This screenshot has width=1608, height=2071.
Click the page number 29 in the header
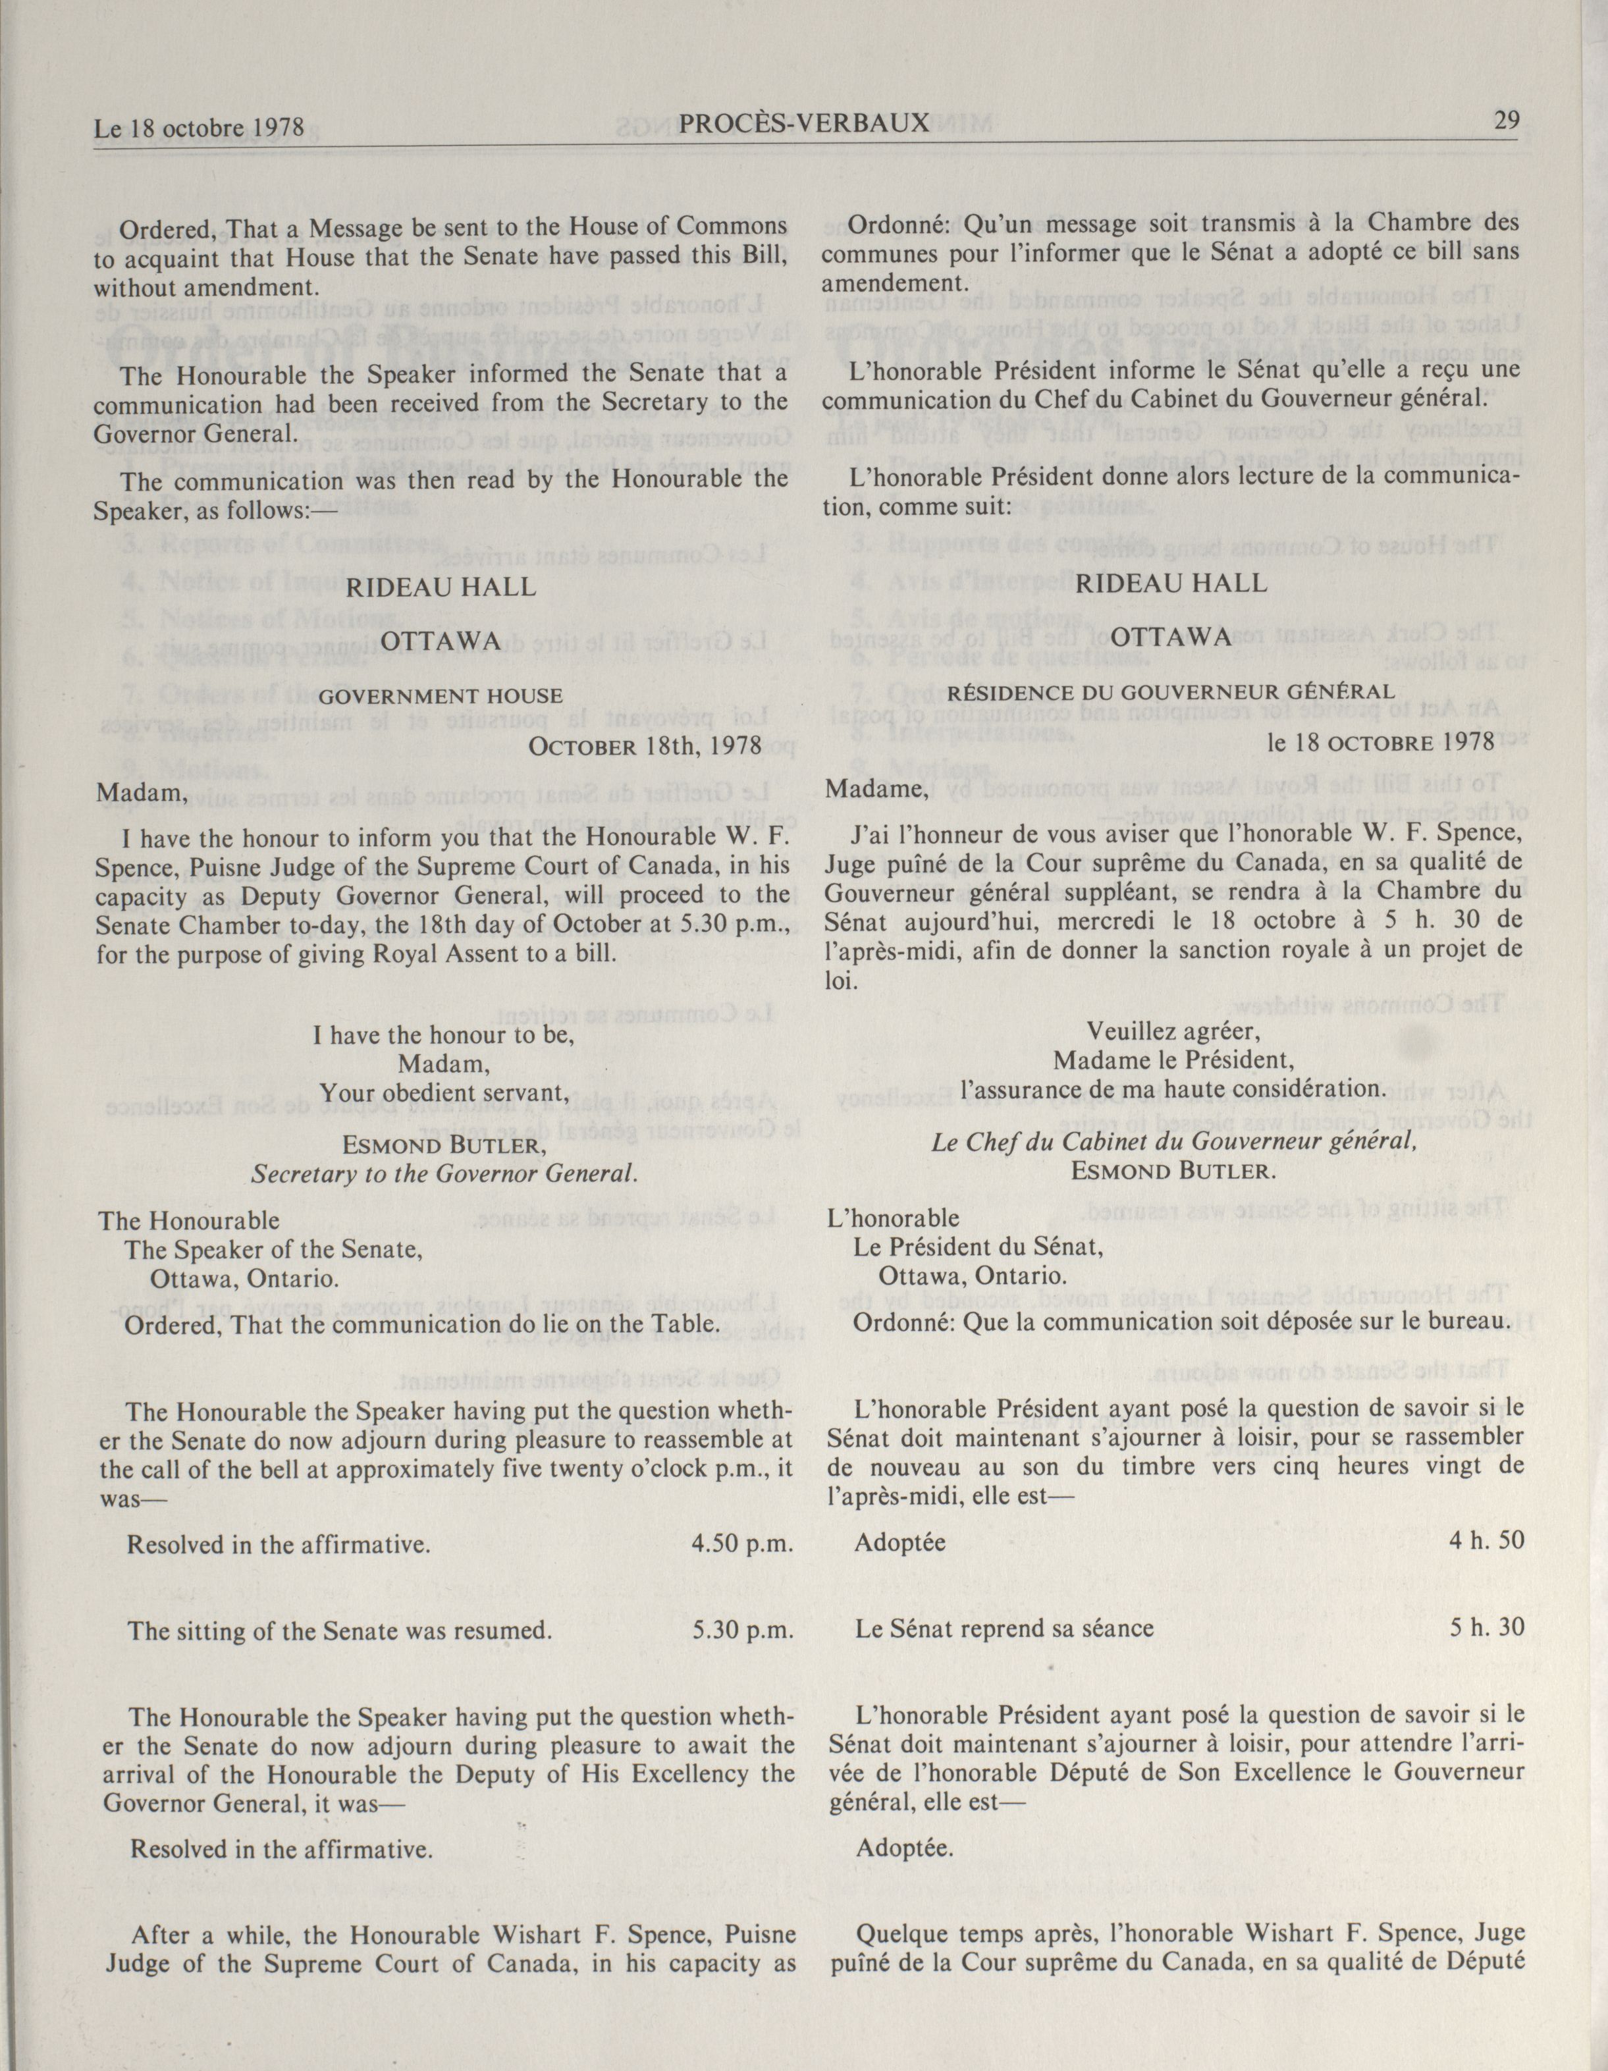(1507, 121)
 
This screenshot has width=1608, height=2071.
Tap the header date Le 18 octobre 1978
(199, 127)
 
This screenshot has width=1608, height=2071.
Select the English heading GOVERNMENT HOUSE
(441, 697)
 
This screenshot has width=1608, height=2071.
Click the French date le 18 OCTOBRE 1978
(1380, 741)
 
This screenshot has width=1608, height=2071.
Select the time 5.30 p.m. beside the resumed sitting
(742, 1630)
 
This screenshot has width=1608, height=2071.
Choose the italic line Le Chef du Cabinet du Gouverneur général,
(1174, 1142)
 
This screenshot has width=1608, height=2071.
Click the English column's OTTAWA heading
(441, 642)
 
